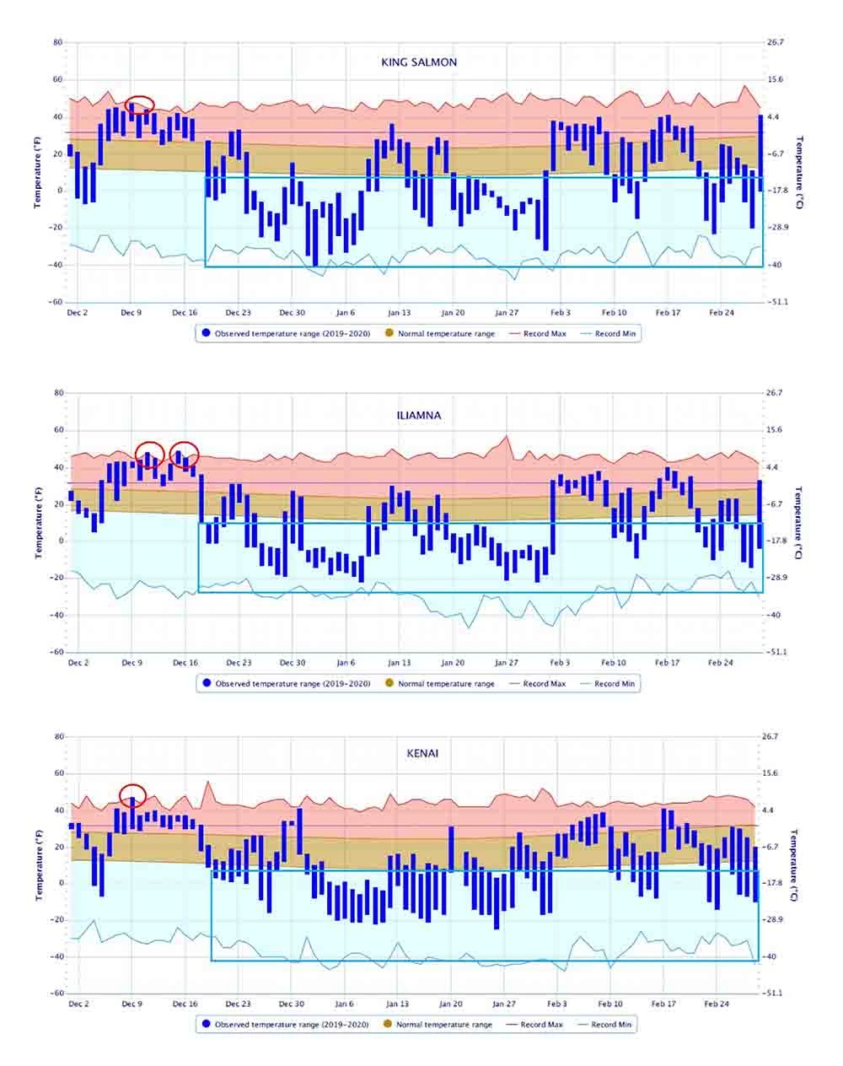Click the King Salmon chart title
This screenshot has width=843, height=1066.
pyautogui.click(x=419, y=62)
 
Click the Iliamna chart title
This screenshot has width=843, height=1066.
pyautogui.click(x=419, y=416)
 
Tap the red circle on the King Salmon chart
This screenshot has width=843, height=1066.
pyautogui.click(x=140, y=105)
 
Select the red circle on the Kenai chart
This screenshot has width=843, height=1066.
pyautogui.click(x=132, y=795)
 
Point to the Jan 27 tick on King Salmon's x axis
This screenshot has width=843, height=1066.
pyautogui.click(x=507, y=313)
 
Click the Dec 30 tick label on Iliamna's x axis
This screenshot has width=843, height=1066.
pyautogui.click(x=293, y=663)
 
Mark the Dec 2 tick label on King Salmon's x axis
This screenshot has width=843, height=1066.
pyautogui.click(x=78, y=313)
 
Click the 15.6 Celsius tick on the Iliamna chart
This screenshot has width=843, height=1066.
pyautogui.click(x=774, y=430)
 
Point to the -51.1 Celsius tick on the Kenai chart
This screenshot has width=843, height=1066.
pyautogui.click(x=773, y=993)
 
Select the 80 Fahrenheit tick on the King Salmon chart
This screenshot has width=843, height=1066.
pyautogui.click(x=57, y=42)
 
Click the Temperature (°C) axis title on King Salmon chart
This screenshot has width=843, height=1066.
pyautogui.click(x=800, y=172)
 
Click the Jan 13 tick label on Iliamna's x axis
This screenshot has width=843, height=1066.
pyautogui.click(x=400, y=663)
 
